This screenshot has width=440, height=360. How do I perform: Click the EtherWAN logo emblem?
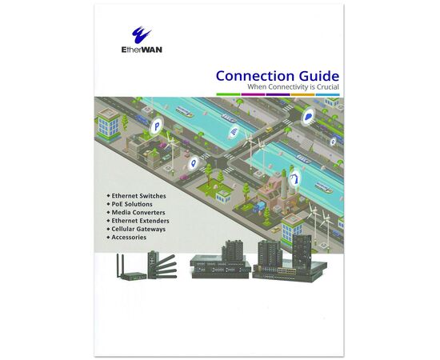(x=141, y=34)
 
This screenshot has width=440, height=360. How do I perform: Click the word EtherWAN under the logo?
(x=142, y=50)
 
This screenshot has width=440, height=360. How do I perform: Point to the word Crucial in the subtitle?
(x=328, y=87)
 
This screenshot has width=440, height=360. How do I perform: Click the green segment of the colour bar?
(x=228, y=94)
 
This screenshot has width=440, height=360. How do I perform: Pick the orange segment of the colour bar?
(x=302, y=94)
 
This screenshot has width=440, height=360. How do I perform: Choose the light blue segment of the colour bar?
(x=327, y=94)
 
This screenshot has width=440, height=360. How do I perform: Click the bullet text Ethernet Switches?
(x=138, y=196)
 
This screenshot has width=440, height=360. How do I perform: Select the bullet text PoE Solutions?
(x=132, y=204)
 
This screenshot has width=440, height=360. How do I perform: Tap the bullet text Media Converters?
(x=138, y=213)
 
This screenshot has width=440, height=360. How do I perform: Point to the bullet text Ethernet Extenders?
(x=140, y=221)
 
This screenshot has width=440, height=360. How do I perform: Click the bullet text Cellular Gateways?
(x=138, y=229)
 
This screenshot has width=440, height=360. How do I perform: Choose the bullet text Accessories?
(x=129, y=237)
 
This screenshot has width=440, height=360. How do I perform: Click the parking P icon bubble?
(x=156, y=127)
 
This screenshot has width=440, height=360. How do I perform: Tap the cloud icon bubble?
(x=309, y=117)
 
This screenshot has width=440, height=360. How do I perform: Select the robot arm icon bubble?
(x=295, y=178)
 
